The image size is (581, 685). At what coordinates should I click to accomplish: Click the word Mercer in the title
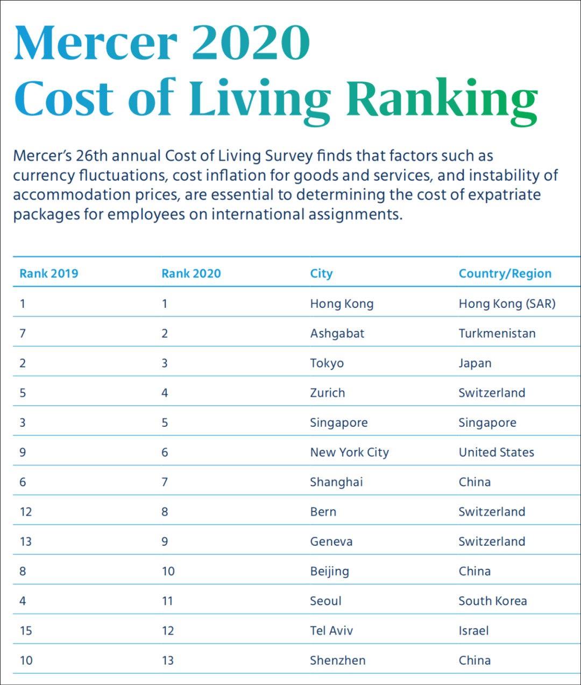[95, 43]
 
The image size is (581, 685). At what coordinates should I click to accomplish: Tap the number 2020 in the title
[250, 43]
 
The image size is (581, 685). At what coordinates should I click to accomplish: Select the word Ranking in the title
[441, 100]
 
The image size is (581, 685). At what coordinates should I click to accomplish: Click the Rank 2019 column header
[49, 273]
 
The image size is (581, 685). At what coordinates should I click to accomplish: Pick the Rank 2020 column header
[191, 273]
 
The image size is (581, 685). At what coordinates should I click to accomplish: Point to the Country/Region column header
[505, 273]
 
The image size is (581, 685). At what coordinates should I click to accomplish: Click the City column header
[321, 273]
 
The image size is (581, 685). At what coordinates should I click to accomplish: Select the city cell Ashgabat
[337, 334]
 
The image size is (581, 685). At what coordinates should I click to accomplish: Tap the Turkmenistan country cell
[497, 334]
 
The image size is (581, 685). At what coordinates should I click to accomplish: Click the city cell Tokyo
[327, 363]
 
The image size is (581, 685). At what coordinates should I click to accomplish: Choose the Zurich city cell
[327, 393]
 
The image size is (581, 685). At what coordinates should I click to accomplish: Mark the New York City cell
[349, 453]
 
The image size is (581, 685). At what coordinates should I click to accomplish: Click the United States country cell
[496, 453]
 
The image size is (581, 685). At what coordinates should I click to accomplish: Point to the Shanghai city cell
[336, 482]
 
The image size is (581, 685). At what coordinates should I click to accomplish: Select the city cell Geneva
[331, 541]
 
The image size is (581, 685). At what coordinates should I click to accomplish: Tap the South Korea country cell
[492, 601]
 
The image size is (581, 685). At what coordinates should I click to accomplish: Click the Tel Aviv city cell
[331, 631]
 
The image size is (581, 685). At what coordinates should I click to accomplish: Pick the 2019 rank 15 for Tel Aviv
[26, 631]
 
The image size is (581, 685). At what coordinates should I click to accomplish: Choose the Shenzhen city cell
[337, 660]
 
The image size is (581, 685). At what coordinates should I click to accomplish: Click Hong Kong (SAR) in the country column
[507, 303]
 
